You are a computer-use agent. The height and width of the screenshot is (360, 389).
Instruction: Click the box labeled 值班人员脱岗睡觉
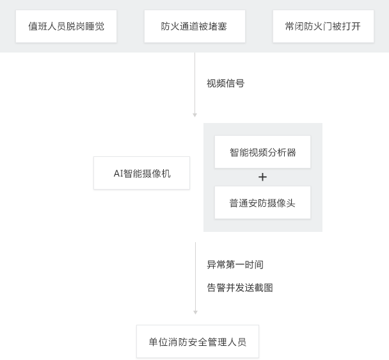tap(67, 26)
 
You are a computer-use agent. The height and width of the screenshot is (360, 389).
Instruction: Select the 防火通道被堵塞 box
tap(194, 26)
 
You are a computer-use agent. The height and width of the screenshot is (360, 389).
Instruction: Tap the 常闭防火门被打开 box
tap(323, 26)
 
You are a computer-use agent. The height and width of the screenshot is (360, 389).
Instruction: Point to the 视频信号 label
tap(225, 83)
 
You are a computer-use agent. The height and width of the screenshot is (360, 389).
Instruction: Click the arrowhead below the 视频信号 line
tap(194, 115)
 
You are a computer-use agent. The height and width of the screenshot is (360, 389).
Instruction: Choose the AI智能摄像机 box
tap(141, 173)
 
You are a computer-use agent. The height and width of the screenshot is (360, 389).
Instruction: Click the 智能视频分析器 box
tap(262, 152)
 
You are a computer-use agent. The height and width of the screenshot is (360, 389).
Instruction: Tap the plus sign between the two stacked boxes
tap(262, 177)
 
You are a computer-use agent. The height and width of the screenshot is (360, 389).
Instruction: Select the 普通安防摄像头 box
tap(262, 202)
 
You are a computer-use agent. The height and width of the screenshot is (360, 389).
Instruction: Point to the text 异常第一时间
tap(235, 265)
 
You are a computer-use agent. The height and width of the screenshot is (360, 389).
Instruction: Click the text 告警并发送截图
tap(240, 288)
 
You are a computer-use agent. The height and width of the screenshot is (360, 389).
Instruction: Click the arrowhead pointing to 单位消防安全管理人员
tap(196, 313)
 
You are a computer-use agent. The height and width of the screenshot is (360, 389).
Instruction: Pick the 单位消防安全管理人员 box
tap(198, 341)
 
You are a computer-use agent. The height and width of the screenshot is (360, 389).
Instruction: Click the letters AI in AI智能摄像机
tap(118, 174)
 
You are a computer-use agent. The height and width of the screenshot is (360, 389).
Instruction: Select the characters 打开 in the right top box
tap(351, 26)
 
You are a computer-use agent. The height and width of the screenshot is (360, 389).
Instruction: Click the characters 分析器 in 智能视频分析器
tap(282, 152)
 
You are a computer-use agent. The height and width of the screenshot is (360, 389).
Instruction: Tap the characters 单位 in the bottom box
tap(158, 342)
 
